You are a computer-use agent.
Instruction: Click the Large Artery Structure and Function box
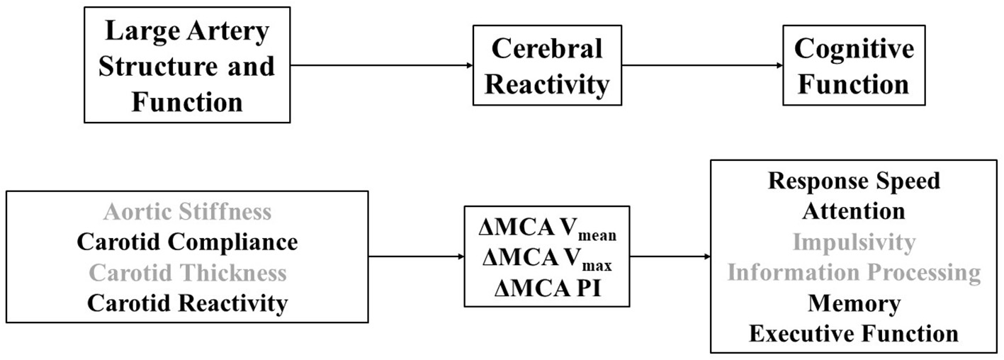pos(187,65)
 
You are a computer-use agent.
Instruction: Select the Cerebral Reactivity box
pos(546,66)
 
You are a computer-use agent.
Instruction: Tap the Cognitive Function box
pos(854,66)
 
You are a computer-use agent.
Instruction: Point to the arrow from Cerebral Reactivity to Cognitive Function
pos(701,66)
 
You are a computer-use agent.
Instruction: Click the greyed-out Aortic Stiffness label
pos(187,211)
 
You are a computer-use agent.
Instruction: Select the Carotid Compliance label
pos(187,242)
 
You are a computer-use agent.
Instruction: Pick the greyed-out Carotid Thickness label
pos(187,273)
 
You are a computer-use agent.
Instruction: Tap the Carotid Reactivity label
pos(187,303)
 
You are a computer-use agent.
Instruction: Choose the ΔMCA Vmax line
pos(546,259)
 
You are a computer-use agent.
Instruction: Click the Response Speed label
pos(854,181)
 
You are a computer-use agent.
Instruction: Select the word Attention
pos(854,211)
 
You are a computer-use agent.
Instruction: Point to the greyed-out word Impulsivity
pos(854,242)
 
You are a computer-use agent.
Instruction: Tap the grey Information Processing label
pos(854,273)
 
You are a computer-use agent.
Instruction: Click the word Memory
pos(854,303)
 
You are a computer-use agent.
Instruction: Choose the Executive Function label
pos(854,334)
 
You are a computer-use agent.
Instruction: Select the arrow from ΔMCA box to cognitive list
pos(670,256)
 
